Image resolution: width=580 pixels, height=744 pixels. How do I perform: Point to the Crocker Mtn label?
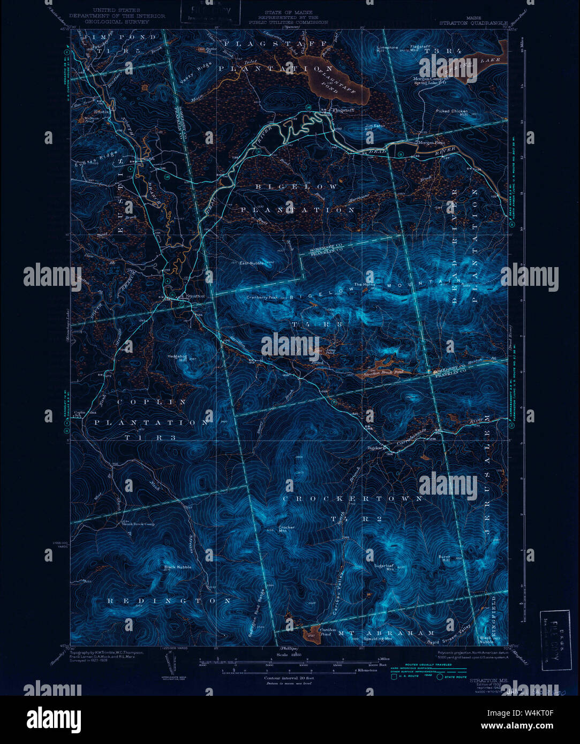pyautogui.click(x=287, y=529)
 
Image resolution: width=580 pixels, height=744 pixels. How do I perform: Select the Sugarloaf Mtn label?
pyautogui.click(x=384, y=567)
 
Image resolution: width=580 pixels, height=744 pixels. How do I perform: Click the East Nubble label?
pyautogui.click(x=252, y=263)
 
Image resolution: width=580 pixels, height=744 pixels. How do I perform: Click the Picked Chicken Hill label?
pyautogui.click(x=452, y=112)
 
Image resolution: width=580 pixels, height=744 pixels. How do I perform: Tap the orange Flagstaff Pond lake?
pyautogui.click(x=337, y=81)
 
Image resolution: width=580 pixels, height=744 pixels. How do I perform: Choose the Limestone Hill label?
pyautogui.click(x=387, y=49)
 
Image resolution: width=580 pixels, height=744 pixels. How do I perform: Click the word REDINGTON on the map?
pyautogui.click(x=169, y=601)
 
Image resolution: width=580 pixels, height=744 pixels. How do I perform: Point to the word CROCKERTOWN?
pyautogui.click(x=352, y=499)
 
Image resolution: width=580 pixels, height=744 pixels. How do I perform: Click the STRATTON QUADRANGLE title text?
pyautogui.click(x=473, y=23)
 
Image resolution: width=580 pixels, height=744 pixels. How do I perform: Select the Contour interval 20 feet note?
pyautogui.click(x=289, y=678)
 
